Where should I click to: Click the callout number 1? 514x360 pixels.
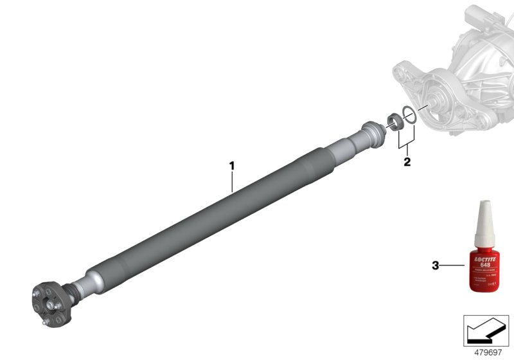tap(232, 165)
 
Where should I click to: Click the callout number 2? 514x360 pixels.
tap(407, 161)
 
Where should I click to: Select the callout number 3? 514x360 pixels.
tap(436, 265)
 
